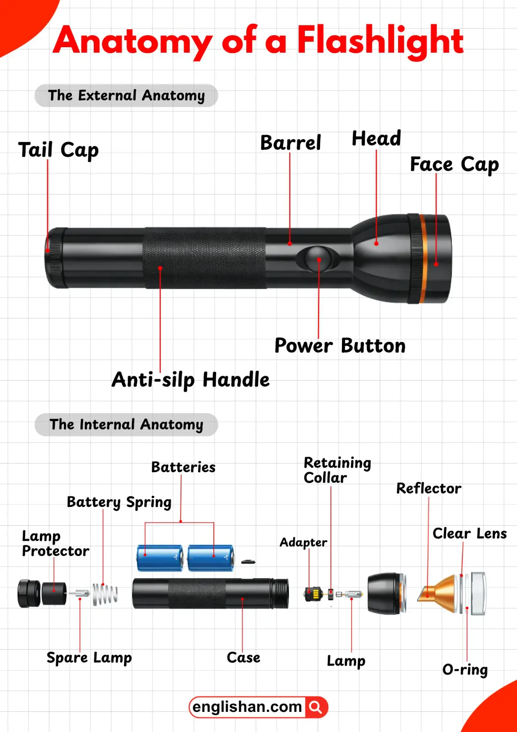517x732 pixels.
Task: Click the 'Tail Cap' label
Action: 58,150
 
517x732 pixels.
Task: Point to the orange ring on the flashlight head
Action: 424,258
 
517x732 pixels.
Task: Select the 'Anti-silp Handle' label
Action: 191,380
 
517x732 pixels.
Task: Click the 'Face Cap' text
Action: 454,164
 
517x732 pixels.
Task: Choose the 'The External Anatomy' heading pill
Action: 126,96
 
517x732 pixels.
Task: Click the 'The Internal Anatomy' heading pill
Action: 126,425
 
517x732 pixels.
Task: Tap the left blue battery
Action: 160,558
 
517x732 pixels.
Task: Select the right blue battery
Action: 211,558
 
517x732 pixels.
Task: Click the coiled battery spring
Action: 105,594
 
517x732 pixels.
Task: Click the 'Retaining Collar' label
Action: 337,470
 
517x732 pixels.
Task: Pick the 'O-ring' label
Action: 465,670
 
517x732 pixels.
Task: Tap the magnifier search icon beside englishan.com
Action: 316,707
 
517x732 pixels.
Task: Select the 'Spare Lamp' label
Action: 89,658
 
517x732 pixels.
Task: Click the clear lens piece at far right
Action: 478,593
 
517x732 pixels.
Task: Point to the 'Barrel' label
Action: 291,143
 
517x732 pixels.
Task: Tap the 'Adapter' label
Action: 303,543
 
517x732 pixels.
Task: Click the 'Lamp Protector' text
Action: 55,544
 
